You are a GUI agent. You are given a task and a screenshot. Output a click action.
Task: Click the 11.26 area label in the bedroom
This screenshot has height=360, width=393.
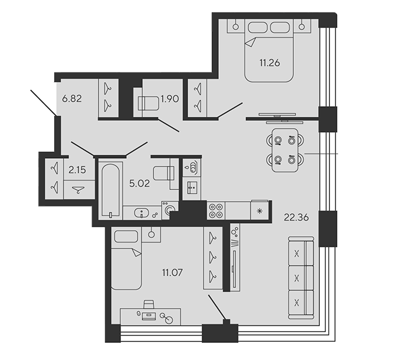[x=270, y=63]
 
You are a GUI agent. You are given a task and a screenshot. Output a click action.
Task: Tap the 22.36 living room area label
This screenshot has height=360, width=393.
[x=296, y=217]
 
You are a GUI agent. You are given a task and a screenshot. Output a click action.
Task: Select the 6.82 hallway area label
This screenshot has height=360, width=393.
[x=72, y=99]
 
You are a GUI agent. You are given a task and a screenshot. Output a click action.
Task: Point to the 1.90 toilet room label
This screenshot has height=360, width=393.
[x=170, y=99]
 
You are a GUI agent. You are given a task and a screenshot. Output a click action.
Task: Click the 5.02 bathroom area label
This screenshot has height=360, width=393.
[x=139, y=184]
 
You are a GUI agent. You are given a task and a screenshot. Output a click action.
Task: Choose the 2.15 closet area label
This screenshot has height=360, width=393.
[x=77, y=170]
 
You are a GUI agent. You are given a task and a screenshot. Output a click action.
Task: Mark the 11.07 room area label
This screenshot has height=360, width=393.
[x=172, y=272]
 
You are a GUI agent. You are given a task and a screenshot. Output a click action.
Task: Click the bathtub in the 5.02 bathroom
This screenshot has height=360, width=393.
[x=110, y=191]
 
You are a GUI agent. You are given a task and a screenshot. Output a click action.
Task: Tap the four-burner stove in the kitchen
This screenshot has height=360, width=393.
[x=216, y=211]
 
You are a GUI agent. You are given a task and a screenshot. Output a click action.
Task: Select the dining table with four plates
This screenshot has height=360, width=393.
[x=285, y=150]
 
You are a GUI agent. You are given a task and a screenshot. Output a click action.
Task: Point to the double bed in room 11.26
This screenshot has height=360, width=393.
[x=269, y=51]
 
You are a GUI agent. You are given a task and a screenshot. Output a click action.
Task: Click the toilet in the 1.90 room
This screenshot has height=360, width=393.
[x=148, y=103]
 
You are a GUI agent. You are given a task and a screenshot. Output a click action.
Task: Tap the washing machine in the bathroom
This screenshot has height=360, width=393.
[x=170, y=210]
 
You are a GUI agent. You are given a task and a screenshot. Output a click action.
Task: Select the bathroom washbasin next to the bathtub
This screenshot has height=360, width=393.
[x=142, y=213]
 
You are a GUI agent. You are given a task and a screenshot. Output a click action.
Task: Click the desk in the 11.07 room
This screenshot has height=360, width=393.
[x=150, y=317]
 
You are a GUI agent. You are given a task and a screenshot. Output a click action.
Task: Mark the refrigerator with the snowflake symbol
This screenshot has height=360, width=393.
[x=260, y=210]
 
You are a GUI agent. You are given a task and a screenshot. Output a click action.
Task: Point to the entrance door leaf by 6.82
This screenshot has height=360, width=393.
[x=43, y=103]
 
